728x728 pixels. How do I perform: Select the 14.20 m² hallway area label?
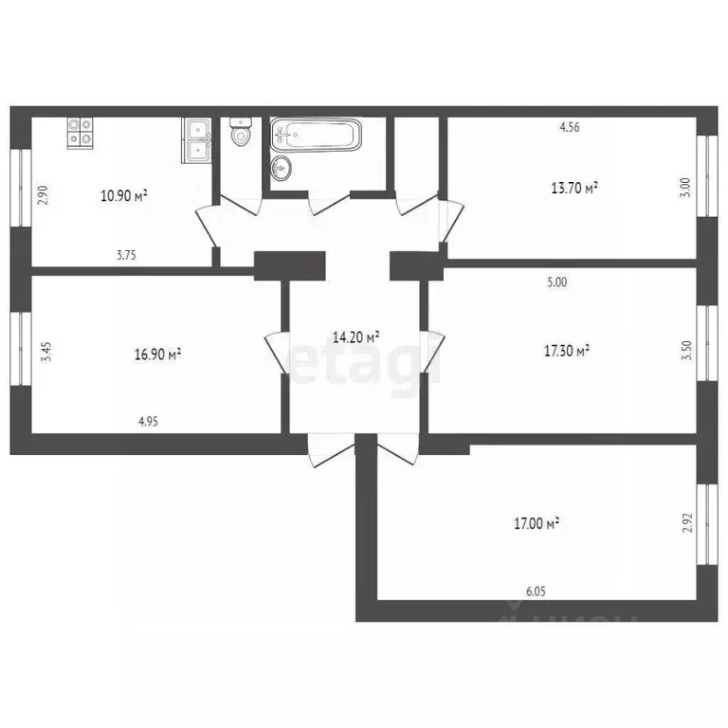tap(356, 337)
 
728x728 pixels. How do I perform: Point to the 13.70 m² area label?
tap(574, 189)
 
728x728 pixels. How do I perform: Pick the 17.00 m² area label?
tap(536, 522)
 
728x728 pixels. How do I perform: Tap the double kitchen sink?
tap(197, 140)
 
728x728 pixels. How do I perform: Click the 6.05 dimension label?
tap(536, 591)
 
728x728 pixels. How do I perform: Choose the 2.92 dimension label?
tap(688, 524)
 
